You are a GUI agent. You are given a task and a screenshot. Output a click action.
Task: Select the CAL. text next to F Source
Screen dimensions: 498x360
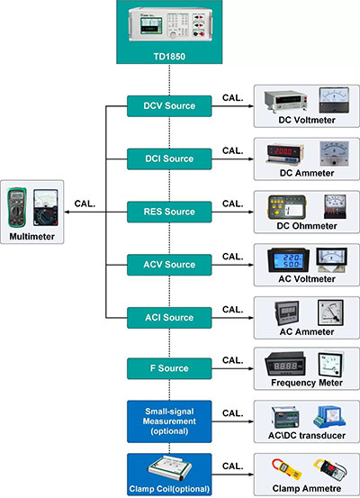(233, 360)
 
